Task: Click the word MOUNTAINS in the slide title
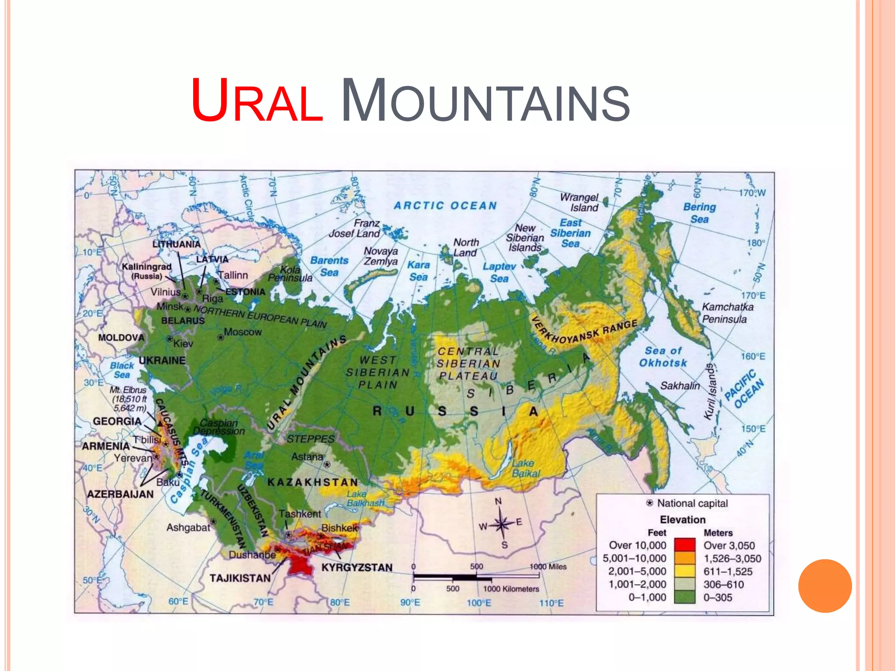tap(485, 101)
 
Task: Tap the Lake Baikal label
tap(526, 468)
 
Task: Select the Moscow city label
tap(243, 332)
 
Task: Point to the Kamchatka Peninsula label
tap(727, 313)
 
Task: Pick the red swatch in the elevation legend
tap(684, 545)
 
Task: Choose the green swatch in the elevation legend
tap(684, 597)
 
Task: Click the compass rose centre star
tap(502, 524)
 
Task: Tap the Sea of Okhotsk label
tap(663, 356)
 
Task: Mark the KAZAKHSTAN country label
tap(312, 482)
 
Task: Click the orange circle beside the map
tap(825, 586)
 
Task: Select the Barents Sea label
tap(329, 266)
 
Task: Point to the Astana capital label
tap(307, 457)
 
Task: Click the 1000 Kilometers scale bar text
tap(511, 589)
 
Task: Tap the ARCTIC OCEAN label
tap(445, 206)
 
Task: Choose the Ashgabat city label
tap(188, 528)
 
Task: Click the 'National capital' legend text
tap(692, 503)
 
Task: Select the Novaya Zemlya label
tap(381, 256)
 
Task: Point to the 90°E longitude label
tap(410, 602)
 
